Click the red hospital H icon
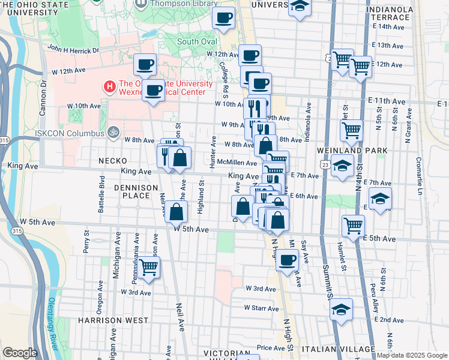pyautogui.click(x=109, y=86)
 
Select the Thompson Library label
pyautogui.click(x=178, y=4)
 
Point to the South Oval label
pyautogui.click(x=196, y=41)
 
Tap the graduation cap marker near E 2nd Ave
pyautogui.click(x=341, y=309)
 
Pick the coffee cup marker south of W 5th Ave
pyautogui.click(x=288, y=260)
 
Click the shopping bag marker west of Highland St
pyautogui.click(x=175, y=212)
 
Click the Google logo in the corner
pyautogui.click(x=20, y=353)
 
